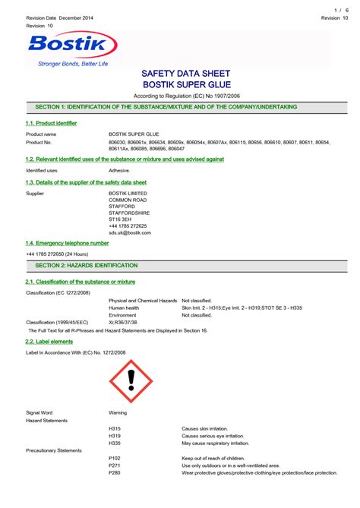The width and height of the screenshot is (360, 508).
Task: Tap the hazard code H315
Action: [x=115, y=428]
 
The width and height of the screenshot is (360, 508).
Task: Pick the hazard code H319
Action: [x=115, y=435]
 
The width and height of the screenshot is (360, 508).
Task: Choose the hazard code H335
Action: [x=115, y=443]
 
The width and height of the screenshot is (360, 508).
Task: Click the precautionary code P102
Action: [x=115, y=458]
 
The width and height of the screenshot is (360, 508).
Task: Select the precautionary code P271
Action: [x=115, y=465]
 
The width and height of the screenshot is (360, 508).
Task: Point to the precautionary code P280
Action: [x=115, y=472]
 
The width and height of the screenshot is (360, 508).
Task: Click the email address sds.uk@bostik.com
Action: [x=130, y=232]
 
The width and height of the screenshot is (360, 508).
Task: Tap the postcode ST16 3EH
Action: [x=122, y=219]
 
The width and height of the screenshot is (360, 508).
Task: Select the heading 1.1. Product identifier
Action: [x=51, y=123]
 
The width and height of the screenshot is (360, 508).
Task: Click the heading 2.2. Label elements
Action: [x=50, y=342]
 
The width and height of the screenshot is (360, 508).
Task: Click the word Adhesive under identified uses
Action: [x=120, y=171]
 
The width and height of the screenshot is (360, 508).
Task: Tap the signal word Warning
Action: [x=118, y=412]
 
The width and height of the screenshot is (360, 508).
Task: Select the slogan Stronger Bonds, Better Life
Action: [x=73, y=64]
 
